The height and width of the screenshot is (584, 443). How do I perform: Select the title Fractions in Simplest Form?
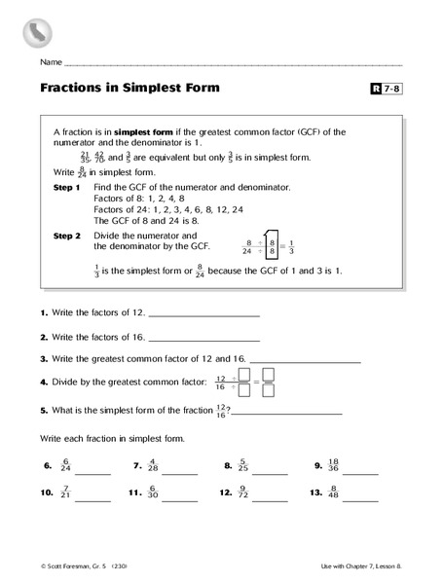pos(129,88)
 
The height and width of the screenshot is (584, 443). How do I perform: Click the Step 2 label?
pos(65,236)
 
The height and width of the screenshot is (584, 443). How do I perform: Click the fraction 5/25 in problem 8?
pos(243,466)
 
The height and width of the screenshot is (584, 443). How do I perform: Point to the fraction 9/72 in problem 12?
pos(243,494)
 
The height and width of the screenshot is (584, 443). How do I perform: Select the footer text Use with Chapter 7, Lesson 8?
pos(356,566)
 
